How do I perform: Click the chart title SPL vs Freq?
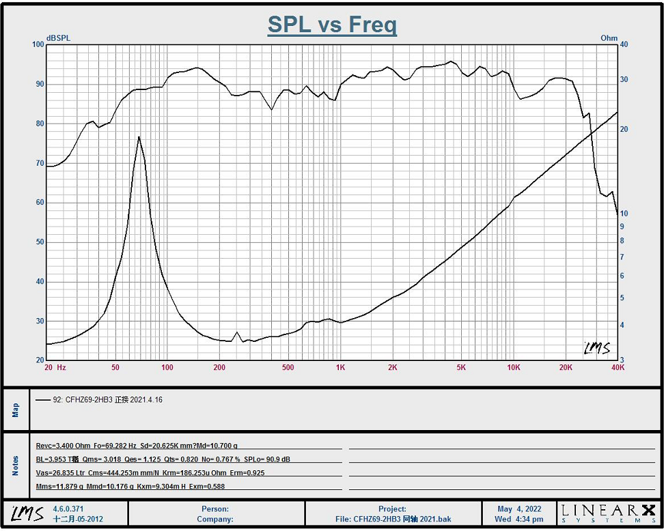332,25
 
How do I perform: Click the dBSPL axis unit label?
59,38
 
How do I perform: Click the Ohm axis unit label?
609,38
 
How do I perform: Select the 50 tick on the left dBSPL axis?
39,242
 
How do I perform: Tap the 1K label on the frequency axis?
340,368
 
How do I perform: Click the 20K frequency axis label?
566,368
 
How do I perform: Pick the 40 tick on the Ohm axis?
623,45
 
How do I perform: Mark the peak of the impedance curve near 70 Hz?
139,137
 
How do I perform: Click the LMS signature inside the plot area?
596,348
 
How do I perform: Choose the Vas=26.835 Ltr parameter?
61,473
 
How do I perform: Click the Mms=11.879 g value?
59,487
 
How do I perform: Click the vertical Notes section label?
16,465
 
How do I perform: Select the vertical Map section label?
16,410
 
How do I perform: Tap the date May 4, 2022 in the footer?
519,509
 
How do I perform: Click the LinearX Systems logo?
608,513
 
